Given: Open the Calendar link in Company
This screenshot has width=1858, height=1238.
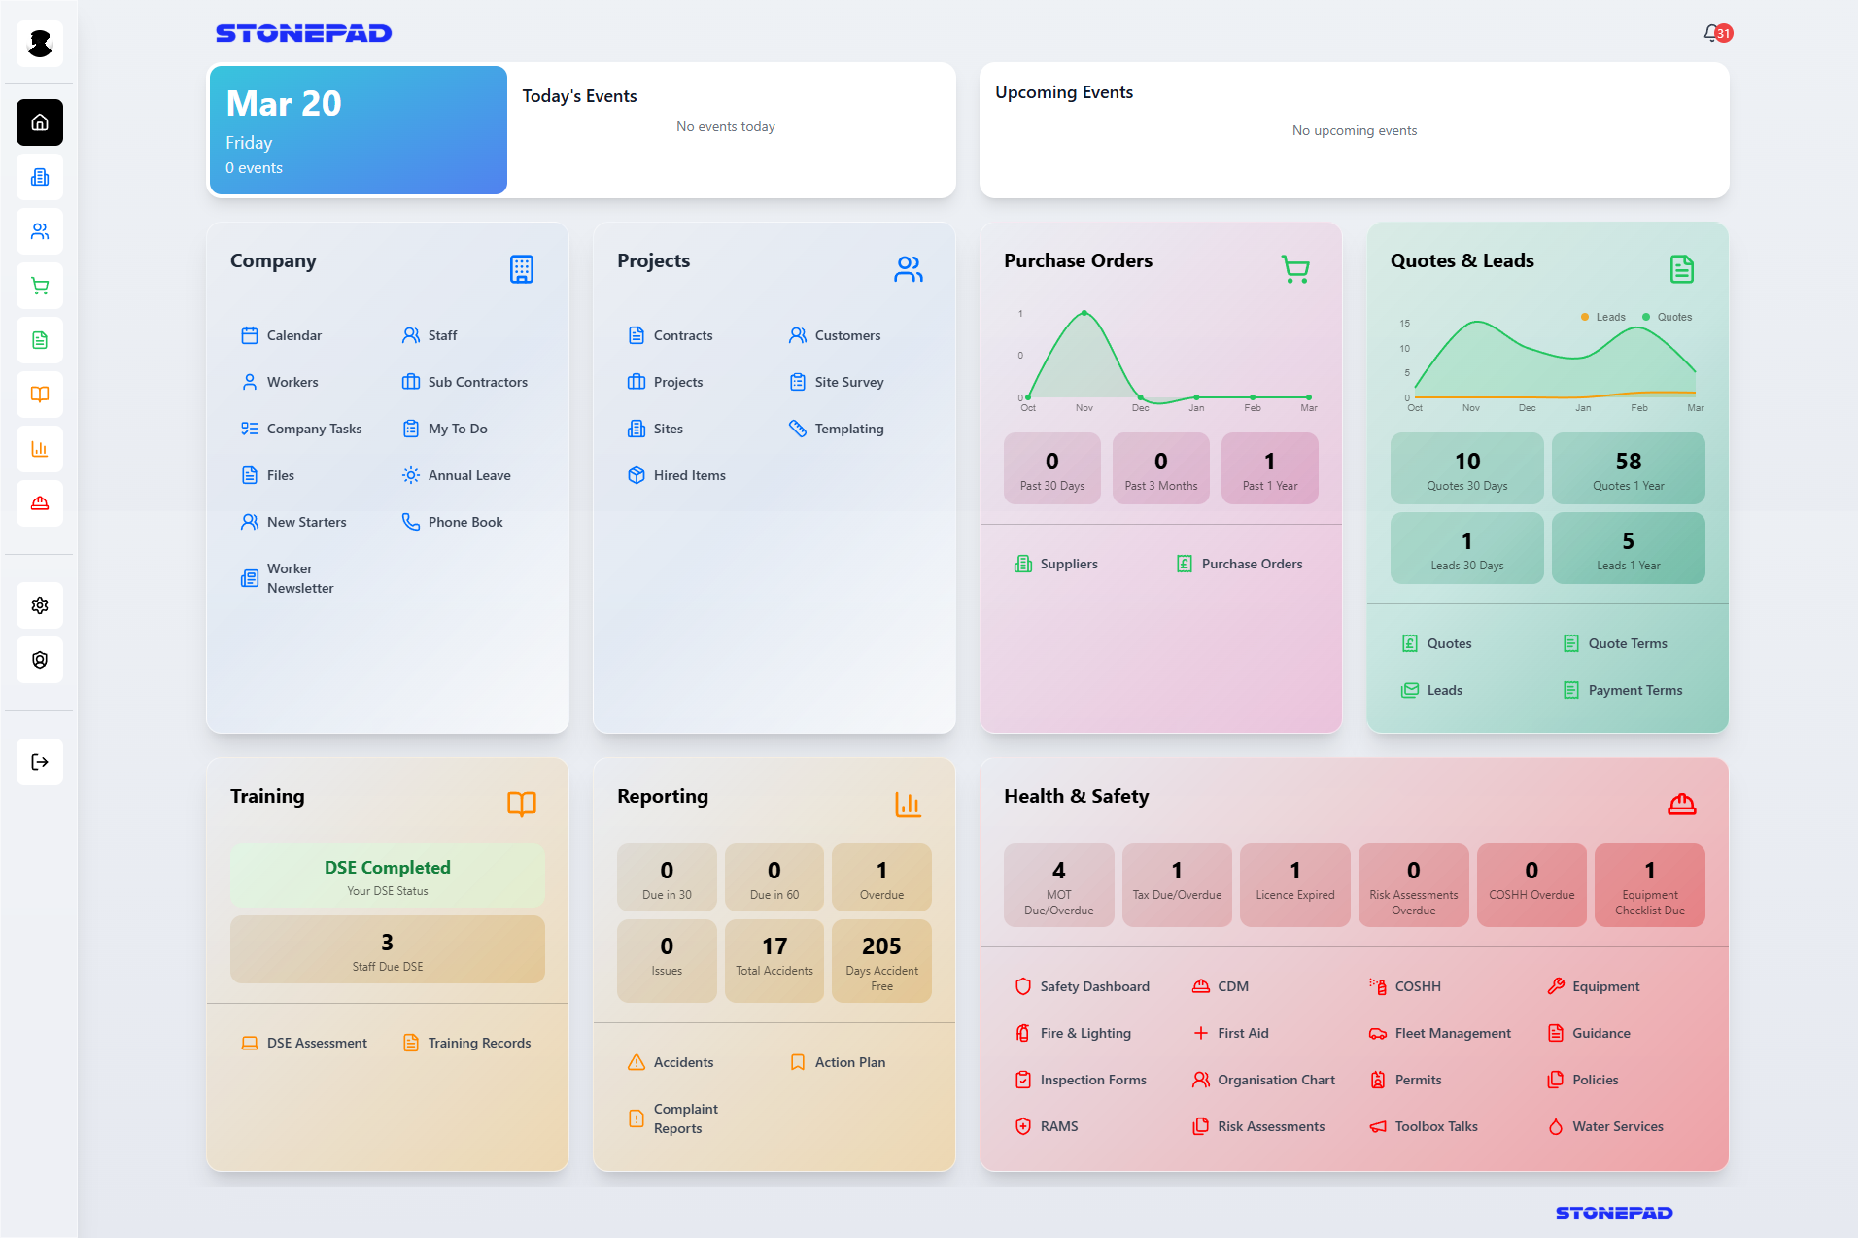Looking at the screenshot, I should [x=292, y=335].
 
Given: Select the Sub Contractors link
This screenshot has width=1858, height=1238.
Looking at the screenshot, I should [x=476, y=382].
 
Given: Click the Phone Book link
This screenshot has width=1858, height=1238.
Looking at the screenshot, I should [x=464, y=522].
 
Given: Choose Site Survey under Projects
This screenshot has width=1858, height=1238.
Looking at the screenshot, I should [x=847, y=382].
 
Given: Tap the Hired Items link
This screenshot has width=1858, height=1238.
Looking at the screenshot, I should [x=688, y=475].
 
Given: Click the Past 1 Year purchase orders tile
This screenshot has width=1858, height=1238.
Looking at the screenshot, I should [x=1269, y=468].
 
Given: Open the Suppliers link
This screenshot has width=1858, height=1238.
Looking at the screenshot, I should [x=1067, y=564].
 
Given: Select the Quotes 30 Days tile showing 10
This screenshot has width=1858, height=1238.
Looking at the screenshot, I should [x=1466, y=468].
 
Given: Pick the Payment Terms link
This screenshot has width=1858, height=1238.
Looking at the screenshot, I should [x=1634, y=690].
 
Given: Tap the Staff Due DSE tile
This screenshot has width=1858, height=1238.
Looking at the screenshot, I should [x=387, y=949].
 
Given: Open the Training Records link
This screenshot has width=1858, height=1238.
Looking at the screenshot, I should [x=478, y=1043].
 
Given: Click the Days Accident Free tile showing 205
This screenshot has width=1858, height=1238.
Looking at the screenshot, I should [x=881, y=960].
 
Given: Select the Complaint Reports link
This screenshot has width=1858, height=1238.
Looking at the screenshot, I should [x=684, y=1118].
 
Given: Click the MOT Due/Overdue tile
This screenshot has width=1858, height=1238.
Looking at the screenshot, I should [x=1058, y=884].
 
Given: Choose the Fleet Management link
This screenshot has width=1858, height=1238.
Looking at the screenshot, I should [x=1452, y=1033].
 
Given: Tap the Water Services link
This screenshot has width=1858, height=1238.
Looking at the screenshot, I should [x=1616, y=1126].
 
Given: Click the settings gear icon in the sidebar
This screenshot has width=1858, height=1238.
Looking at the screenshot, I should [x=40, y=605].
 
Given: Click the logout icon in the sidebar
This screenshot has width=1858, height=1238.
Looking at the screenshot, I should [x=40, y=762].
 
